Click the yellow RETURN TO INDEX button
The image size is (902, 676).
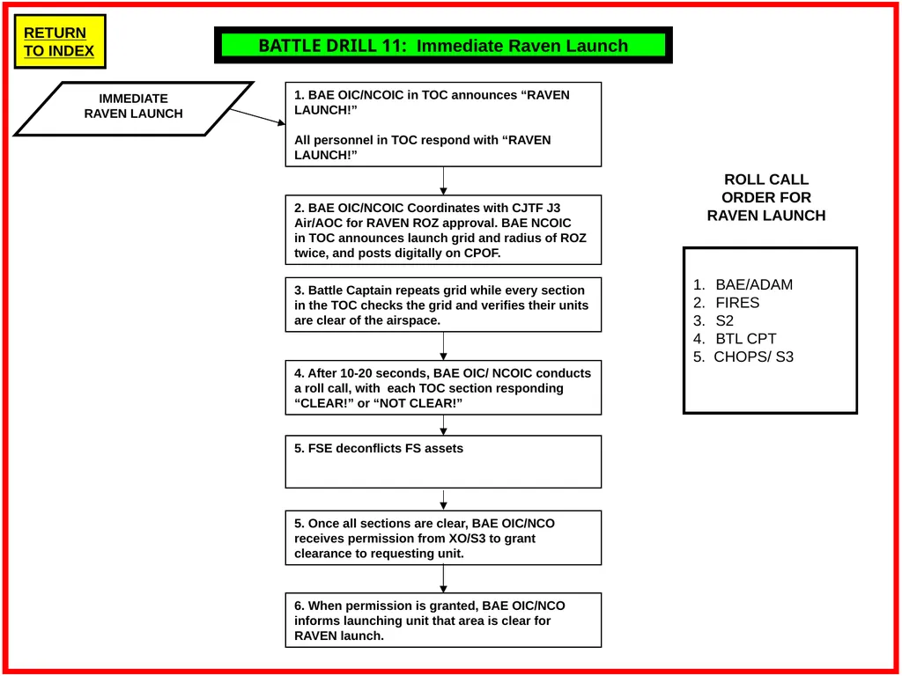click(x=60, y=41)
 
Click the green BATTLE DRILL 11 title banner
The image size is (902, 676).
click(x=443, y=45)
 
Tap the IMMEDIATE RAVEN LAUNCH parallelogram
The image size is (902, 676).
click(x=134, y=108)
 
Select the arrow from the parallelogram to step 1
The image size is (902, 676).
click(x=258, y=117)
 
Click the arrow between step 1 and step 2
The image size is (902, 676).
click(x=444, y=181)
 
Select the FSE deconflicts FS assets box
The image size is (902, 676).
click(x=444, y=461)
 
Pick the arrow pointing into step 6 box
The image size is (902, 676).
click(x=444, y=579)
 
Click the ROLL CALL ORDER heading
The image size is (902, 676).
click(x=766, y=197)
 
